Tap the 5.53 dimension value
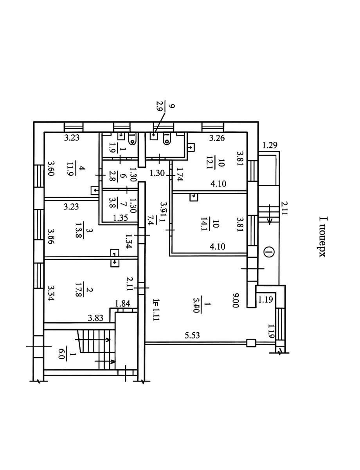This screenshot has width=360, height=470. point(193,336)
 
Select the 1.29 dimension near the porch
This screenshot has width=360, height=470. point(270,146)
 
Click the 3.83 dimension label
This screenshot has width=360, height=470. point(95,318)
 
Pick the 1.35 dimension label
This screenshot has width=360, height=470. point(120,218)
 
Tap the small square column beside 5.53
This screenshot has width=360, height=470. point(251,343)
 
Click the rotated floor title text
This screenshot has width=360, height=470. point(323,237)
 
